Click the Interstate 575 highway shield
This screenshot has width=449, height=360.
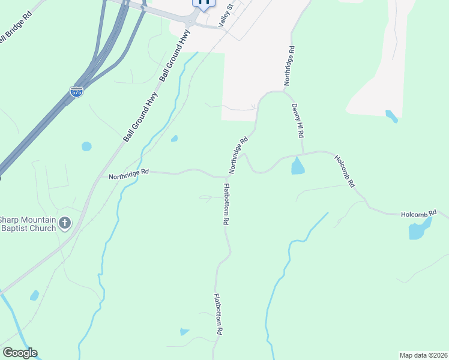[x=76, y=92]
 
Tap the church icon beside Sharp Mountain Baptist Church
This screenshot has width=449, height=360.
[x=65, y=224]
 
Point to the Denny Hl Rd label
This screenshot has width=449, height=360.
[x=296, y=121]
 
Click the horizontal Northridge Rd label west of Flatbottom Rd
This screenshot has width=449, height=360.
[x=128, y=174]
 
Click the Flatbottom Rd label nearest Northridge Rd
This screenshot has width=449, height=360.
[x=226, y=205]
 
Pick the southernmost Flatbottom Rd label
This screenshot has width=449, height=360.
[x=219, y=314]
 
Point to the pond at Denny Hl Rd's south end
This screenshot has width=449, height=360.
[x=298, y=166]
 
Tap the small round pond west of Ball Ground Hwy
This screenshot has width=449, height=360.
[x=86, y=146]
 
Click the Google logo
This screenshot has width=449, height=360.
[x=20, y=353]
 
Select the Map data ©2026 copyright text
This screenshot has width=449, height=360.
[x=423, y=355]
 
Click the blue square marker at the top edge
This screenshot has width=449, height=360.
[x=204, y=2]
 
